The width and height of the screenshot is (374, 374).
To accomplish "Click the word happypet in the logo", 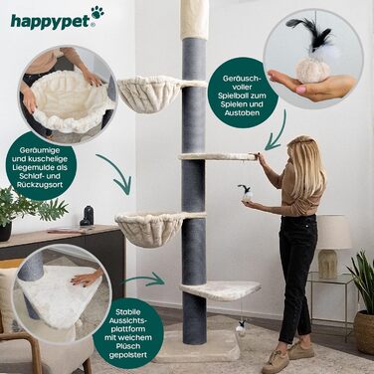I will [45, 17].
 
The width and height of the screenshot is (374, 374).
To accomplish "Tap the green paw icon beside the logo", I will [97, 13].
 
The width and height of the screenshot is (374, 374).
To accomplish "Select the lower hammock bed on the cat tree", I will [149, 228].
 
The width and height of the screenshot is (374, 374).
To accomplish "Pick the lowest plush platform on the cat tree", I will [221, 289].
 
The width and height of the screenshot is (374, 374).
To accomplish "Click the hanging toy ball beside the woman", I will [243, 195].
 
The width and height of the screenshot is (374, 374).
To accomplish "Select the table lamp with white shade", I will [334, 239].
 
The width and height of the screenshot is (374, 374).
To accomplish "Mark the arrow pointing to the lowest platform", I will [149, 280].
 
